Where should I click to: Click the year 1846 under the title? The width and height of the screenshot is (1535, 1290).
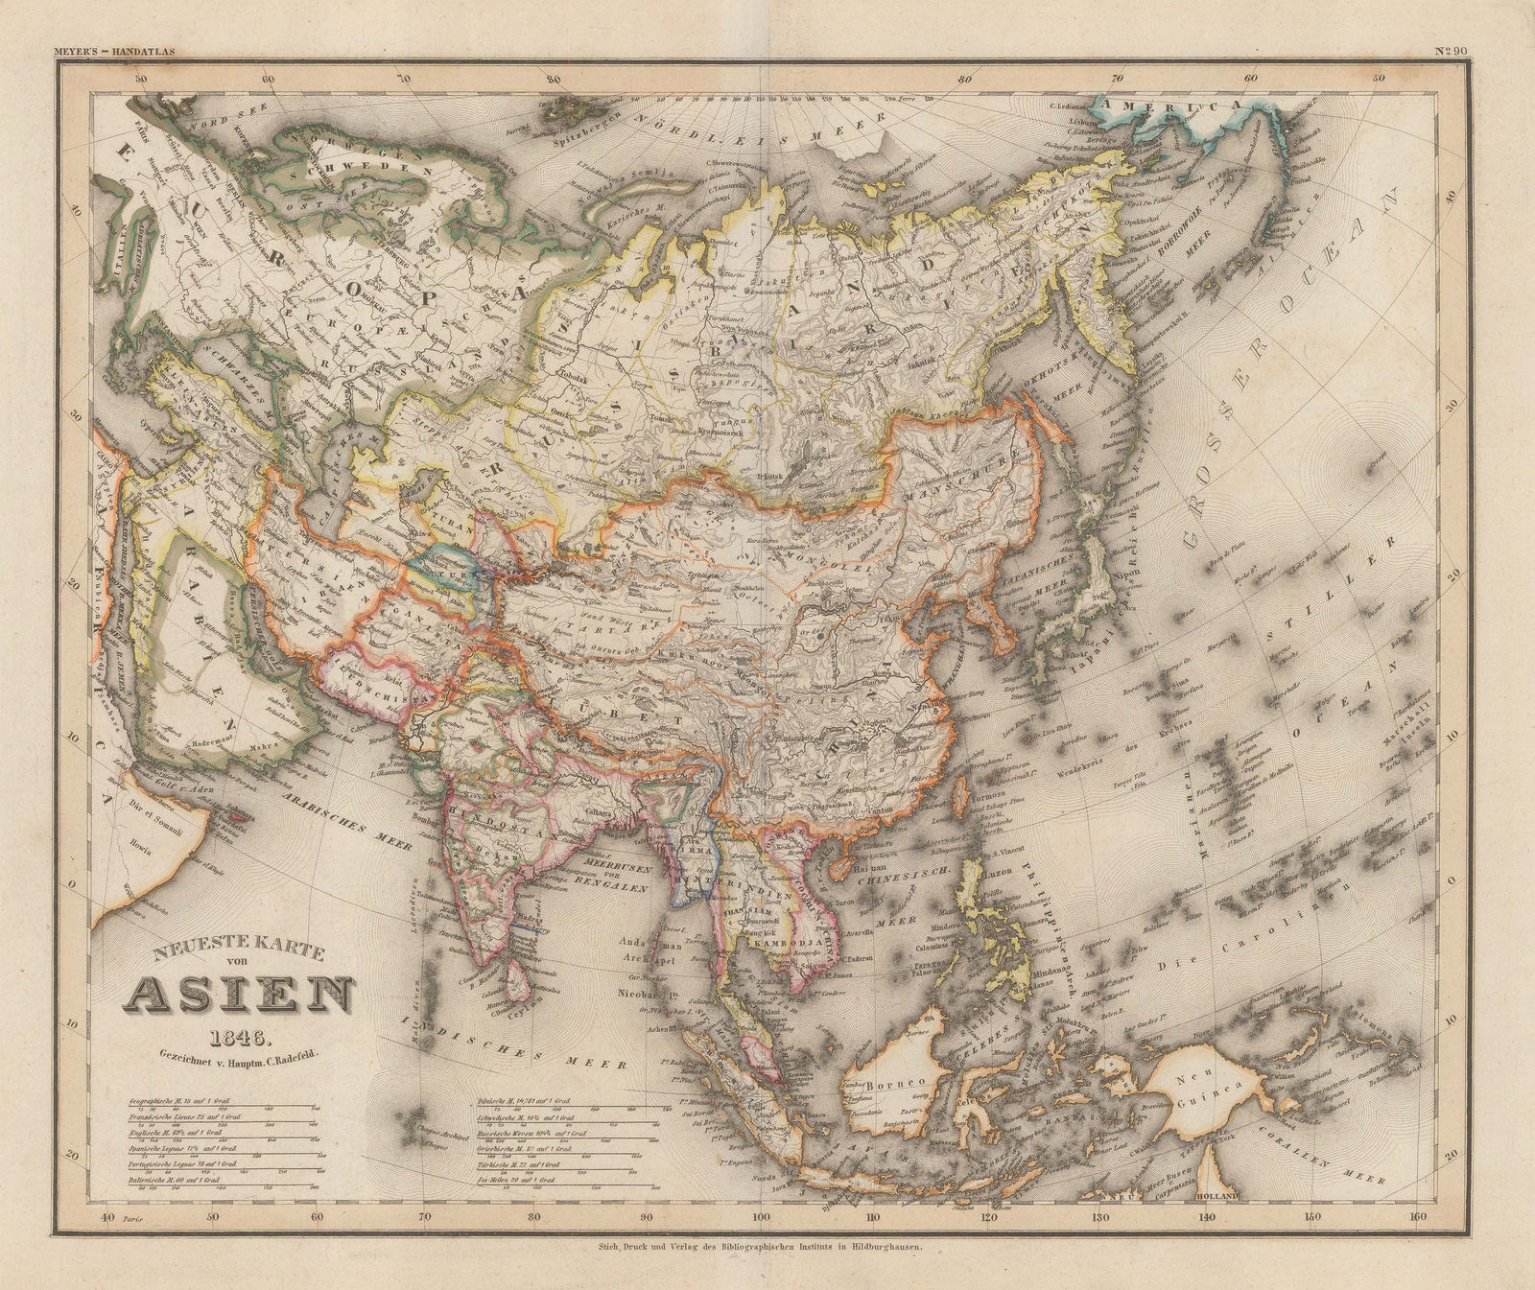(x=241, y=1037)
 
